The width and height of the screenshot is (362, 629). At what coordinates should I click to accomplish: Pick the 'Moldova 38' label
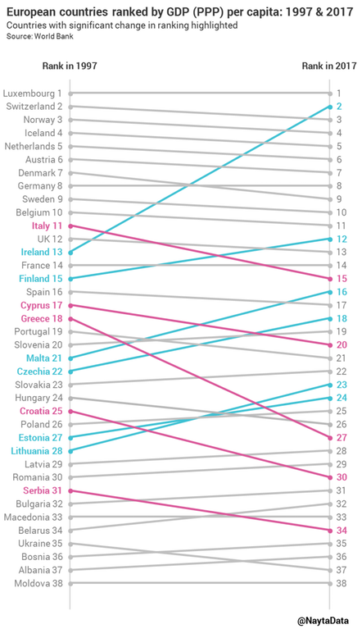[x=38, y=584]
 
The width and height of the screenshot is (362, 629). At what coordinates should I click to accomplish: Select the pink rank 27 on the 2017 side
[x=341, y=438]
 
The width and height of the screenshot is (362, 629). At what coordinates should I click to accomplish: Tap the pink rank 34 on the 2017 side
[x=341, y=531]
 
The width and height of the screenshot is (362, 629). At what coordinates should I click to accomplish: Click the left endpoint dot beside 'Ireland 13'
[x=70, y=253]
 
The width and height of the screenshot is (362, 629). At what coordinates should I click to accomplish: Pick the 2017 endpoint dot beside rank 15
[x=328, y=279]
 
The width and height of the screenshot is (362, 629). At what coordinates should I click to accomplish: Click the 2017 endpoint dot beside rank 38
[x=328, y=584]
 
